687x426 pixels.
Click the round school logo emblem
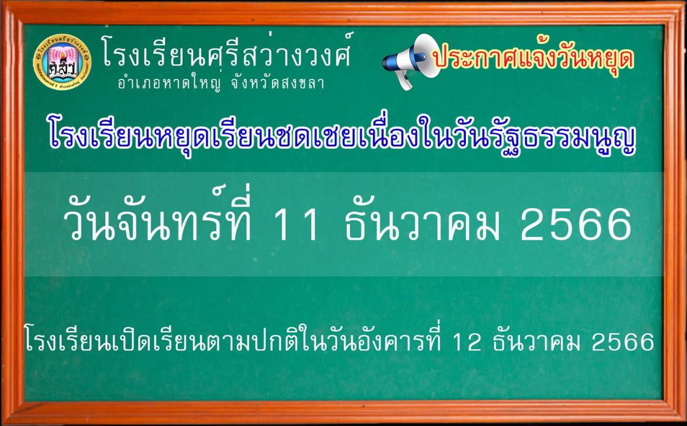62,61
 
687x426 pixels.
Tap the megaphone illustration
411,62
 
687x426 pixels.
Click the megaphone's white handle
405,80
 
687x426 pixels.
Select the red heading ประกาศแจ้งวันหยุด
534,59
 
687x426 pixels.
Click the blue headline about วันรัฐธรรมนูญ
342,138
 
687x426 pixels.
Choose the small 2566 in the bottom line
623,342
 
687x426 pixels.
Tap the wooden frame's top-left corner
1,1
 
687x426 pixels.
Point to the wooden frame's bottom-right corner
686,425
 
